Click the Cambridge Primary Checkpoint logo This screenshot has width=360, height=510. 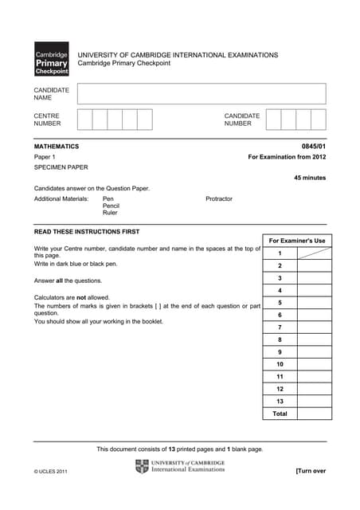[x=51, y=59]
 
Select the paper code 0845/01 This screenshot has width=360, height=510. [x=314, y=147]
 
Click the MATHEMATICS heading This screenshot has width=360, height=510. [x=57, y=147]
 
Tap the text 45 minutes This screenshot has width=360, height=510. [x=310, y=178]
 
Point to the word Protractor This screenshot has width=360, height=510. [x=219, y=198]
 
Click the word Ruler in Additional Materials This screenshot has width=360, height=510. [x=110, y=213]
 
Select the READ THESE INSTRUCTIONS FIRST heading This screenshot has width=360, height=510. [x=87, y=232]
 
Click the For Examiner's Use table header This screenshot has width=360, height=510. [x=297, y=241]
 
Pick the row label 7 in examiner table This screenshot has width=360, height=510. [x=280, y=328]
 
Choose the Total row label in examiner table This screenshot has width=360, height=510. [x=280, y=414]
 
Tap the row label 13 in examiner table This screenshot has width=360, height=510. [x=280, y=402]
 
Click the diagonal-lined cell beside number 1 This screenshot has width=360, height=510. [x=315, y=253]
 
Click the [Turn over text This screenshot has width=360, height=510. [x=311, y=471]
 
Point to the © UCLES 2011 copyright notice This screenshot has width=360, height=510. [x=51, y=472]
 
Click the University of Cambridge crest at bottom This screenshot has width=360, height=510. [x=142, y=467]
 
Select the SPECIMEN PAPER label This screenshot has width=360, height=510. [x=61, y=168]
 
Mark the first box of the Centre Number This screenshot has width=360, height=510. [x=84, y=120]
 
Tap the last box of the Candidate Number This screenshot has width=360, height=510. [x=319, y=120]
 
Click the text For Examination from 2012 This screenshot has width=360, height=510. [x=288, y=158]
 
